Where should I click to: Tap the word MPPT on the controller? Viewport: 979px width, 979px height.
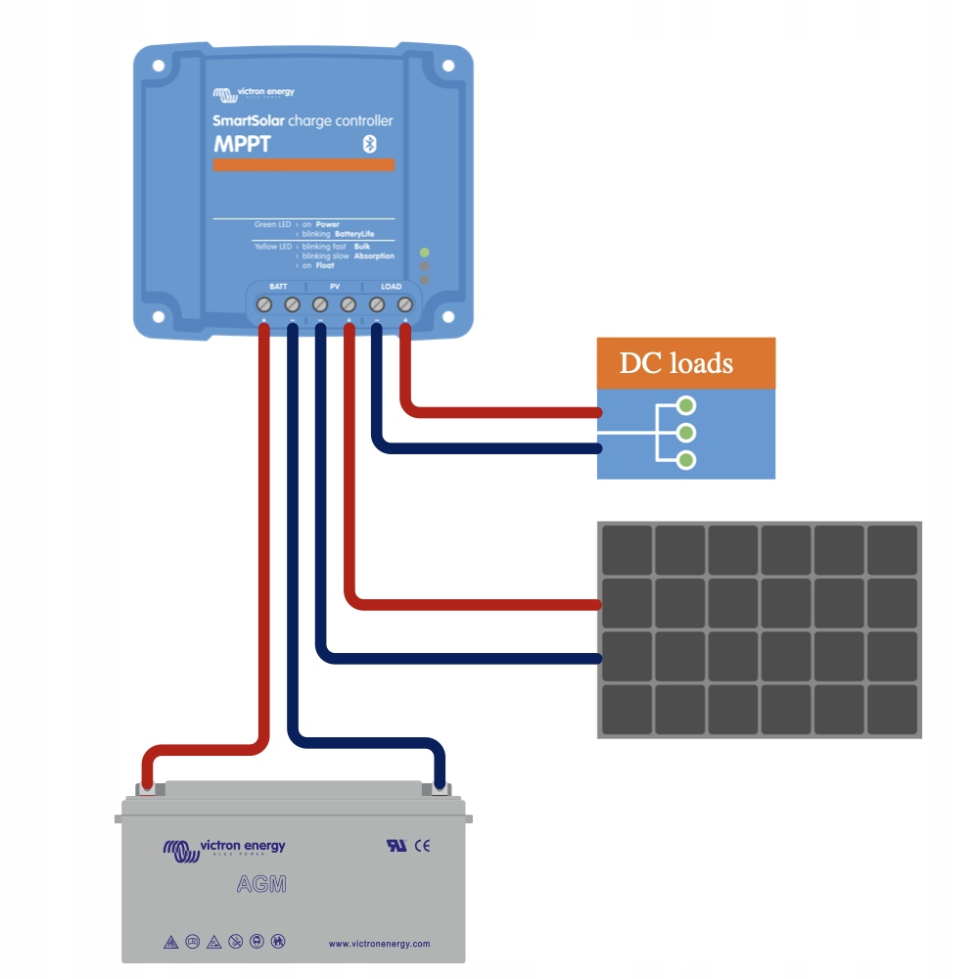pos(242,145)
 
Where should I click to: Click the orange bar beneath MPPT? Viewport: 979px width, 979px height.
pos(303,164)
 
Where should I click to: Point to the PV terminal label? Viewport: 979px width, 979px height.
pos(334,286)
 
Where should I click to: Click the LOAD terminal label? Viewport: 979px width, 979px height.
pos(391,286)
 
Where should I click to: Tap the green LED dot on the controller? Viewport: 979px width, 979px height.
pos(424,252)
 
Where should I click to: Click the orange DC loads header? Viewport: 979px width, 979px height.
pos(686,363)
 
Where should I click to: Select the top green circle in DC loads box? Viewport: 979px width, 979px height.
pos(687,404)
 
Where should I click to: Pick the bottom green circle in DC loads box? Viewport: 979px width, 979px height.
pos(687,459)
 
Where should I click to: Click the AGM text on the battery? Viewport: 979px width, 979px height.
pos(262,885)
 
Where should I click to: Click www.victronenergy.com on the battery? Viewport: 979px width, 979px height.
pos(379,944)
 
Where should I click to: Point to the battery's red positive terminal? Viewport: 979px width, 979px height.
pos(146,786)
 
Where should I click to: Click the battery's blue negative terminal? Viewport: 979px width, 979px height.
pos(440,786)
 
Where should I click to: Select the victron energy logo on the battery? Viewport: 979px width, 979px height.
pos(224,848)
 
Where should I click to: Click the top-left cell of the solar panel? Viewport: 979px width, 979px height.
pos(627,549)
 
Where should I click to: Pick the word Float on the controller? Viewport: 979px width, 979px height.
pos(325,265)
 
